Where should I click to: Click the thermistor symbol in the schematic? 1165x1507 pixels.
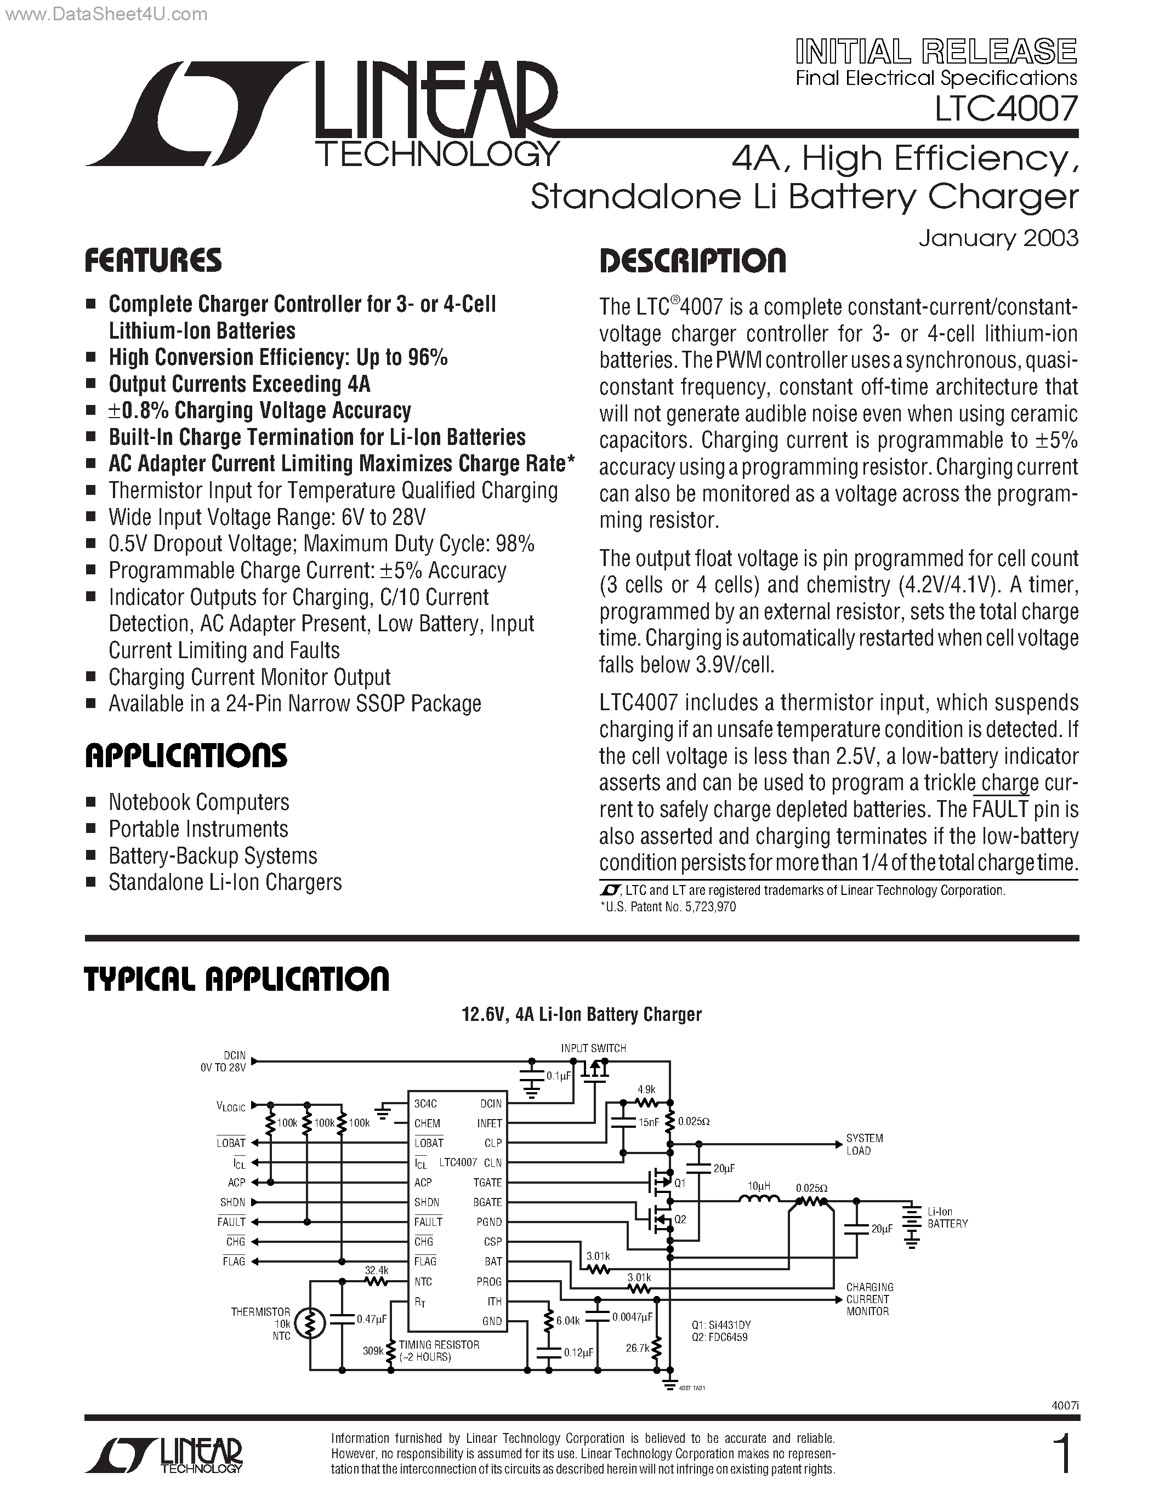pyautogui.click(x=310, y=1323)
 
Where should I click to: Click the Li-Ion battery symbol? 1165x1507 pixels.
pyautogui.click(x=912, y=1226)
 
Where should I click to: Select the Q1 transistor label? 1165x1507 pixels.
pyautogui.click(x=680, y=1183)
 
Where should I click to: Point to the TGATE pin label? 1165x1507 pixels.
pyautogui.click(x=487, y=1182)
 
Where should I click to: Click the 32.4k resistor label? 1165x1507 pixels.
pyautogui.click(x=377, y=1270)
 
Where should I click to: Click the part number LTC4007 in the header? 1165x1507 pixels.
pyautogui.click(x=1006, y=109)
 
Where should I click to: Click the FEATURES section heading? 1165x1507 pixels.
pyautogui.click(x=153, y=260)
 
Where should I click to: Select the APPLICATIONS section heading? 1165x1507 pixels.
pyautogui.click(x=186, y=756)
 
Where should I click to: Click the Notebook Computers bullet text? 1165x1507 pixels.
pyautogui.click(x=199, y=802)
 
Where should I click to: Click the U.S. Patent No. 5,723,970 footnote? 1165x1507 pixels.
pyautogui.click(x=669, y=907)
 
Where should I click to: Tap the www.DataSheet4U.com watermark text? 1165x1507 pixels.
pyautogui.click(x=104, y=14)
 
